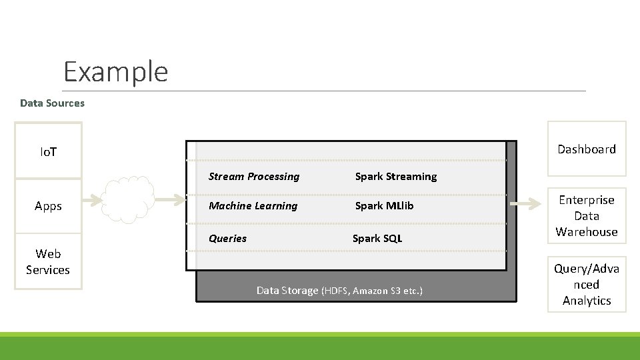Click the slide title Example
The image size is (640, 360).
click(115, 71)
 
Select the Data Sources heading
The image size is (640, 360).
click(52, 103)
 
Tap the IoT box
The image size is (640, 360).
click(48, 151)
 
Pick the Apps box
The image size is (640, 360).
click(48, 206)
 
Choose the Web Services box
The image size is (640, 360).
click(48, 261)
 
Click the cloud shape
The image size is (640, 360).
click(129, 199)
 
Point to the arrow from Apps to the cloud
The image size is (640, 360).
click(93, 199)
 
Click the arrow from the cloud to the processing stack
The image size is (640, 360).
click(171, 199)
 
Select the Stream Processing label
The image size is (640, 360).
click(254, 177)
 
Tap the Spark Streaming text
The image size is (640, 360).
click(395, 177)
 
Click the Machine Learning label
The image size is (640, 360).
click(253, 206)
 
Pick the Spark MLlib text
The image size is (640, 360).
click(384, 206)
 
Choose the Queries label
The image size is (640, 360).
click(227, 238)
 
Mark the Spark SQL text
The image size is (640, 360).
click(377, 238)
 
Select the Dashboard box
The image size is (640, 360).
click(587, 149)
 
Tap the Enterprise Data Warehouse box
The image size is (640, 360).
click(587, 216)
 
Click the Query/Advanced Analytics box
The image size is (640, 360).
click(587, 285)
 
